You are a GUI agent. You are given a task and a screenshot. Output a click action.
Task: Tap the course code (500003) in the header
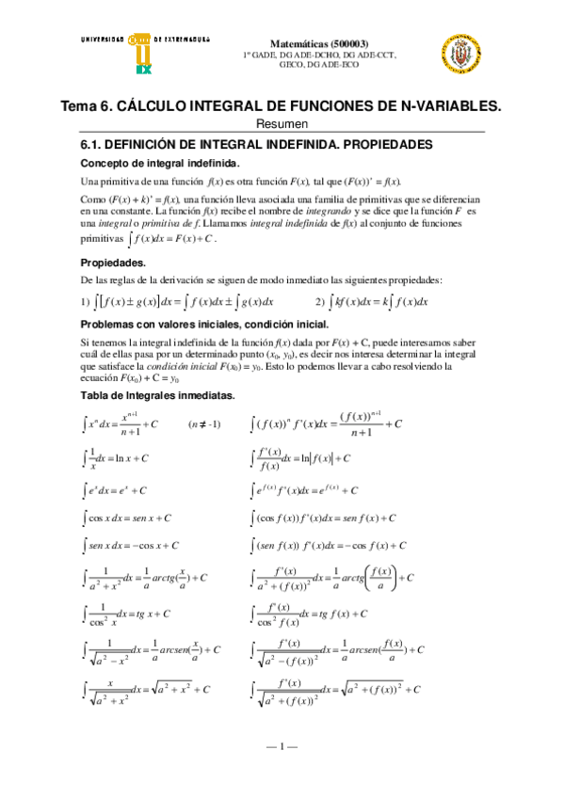pos(373,43)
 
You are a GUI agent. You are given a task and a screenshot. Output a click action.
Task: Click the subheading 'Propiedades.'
pos(112,262)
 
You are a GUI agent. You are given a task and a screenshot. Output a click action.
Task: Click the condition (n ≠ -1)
pos(204,423)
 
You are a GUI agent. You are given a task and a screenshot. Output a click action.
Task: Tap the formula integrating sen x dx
pos(130,545)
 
